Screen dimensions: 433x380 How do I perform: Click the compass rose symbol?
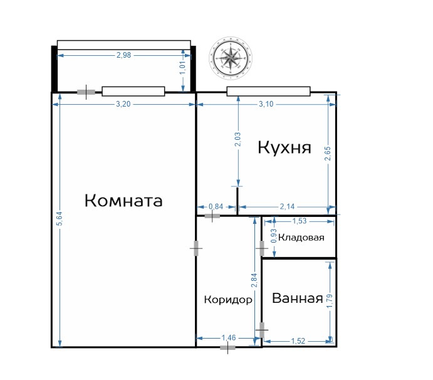point(231,58)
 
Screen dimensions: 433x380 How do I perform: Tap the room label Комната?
point(123,201)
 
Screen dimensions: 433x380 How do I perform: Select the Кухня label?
point(284,148)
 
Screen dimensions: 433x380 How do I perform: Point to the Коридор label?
point(228,300)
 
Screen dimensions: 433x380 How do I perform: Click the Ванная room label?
point(298,298)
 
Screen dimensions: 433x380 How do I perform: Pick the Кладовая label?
point(301,238)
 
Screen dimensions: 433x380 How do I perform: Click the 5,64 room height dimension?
point(60,219)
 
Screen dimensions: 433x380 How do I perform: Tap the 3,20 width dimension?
point(123,104)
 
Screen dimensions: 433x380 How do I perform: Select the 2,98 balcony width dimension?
point(123,55)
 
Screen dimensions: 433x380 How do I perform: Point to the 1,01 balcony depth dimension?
point(183,68)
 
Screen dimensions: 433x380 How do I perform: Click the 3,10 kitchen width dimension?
point(266,104)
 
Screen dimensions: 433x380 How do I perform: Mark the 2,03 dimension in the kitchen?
point(237,139)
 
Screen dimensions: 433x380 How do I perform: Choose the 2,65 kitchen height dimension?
point(328,154)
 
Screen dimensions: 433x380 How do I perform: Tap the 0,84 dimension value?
point(216,206)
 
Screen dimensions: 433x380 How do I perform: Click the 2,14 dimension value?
point(287,206)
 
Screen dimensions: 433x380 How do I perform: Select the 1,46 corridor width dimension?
point(229,338)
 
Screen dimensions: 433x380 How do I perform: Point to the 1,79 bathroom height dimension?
point(330,302)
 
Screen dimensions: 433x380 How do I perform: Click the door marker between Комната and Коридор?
point(196,248)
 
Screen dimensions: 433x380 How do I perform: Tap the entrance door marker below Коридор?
point(228,347)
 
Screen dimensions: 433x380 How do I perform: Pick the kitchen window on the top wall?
point(268,92)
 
